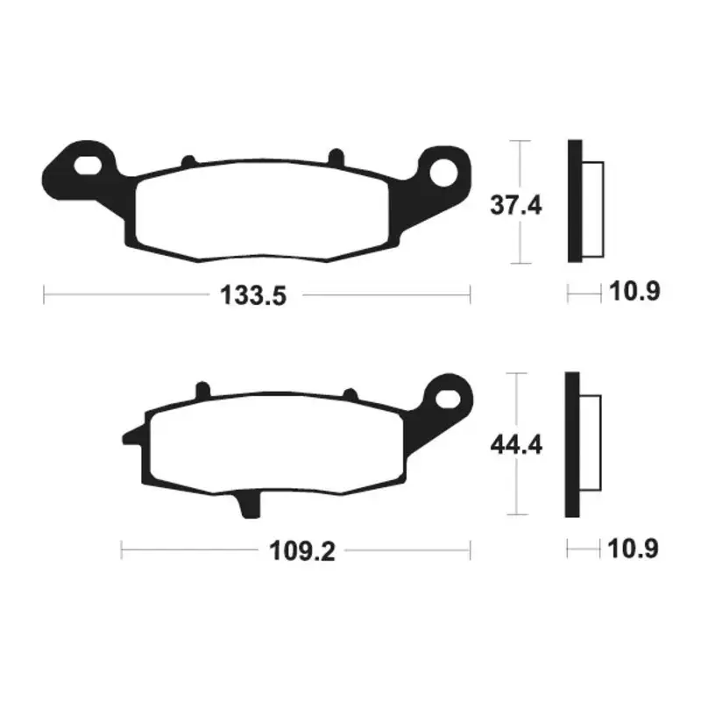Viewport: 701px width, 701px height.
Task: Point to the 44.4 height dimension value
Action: (x=516, y=445)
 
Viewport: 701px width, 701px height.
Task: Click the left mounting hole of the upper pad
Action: (x=89, y=164)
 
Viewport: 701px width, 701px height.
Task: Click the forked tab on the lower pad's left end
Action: (x=129, y=435)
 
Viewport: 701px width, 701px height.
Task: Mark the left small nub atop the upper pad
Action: (x=187, y=160)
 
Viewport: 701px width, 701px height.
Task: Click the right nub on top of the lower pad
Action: (x=348, y=395)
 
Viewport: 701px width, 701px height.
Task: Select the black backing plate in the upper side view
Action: (x=575, y=201)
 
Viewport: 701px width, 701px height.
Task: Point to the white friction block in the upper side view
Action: (x=592, y=210)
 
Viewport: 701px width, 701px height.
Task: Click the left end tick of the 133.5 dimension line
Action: (x=45, y=295)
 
